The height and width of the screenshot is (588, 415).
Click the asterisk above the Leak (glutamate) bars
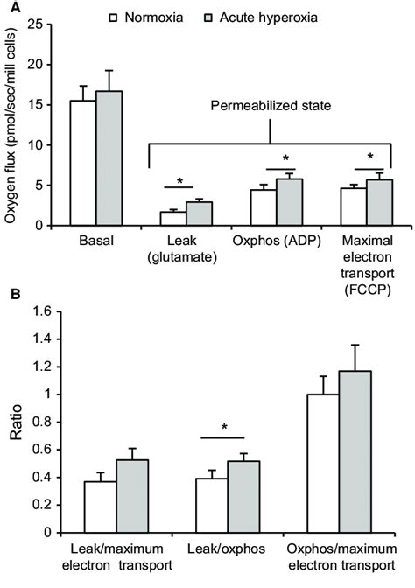[179, 182]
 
